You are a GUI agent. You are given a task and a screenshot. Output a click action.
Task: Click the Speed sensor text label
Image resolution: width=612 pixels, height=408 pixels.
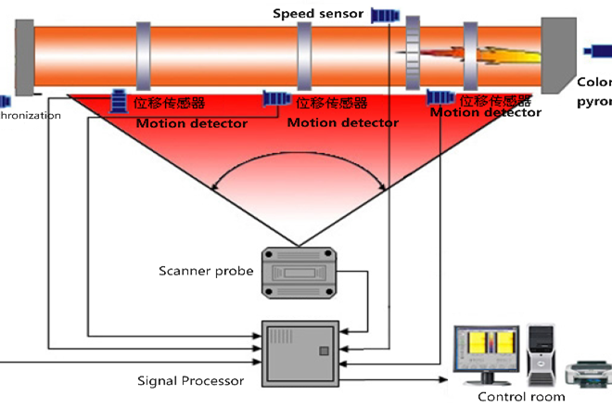point(318,14)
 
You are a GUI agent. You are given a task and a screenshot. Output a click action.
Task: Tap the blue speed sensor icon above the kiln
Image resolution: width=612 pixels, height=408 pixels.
point(385,15)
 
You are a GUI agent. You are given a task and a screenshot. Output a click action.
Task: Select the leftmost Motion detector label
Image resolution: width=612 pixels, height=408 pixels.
point(192,123)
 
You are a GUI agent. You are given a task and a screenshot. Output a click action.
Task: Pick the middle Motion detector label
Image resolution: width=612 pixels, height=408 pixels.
point(343,122)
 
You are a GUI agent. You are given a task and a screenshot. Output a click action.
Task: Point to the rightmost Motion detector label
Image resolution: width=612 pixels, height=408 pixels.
point(486,112)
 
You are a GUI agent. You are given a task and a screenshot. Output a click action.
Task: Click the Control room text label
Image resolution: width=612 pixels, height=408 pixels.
point(520,397)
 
